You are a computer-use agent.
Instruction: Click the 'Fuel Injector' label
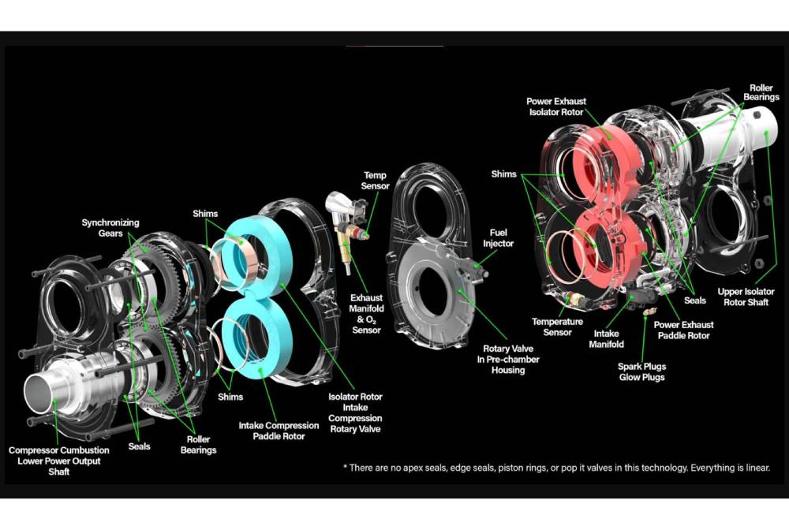point(498,238)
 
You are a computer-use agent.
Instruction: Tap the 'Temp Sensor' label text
point(375,181)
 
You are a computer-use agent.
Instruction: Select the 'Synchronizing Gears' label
point(110,228)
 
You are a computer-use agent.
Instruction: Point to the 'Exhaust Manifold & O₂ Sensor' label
point(366,314)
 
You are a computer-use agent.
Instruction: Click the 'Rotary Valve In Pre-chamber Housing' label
point(507,359)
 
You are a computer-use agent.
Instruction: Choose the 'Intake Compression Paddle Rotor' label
point(279,431)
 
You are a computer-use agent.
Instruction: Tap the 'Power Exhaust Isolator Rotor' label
point(556,106)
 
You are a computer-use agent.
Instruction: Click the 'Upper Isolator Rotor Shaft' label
point(746,297)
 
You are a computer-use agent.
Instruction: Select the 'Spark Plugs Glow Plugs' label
point(641,371)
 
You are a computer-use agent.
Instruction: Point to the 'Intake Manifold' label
point(606,339)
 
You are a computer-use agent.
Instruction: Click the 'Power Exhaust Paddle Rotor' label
point(683,330)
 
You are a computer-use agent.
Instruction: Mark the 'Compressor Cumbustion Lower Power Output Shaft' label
point(59,461)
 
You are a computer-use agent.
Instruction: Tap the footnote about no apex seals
point(556,468)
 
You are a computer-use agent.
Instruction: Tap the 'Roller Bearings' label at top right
point(761,92)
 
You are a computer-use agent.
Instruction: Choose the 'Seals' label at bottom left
point(139,446)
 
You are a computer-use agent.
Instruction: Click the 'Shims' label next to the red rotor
point(503,174)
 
